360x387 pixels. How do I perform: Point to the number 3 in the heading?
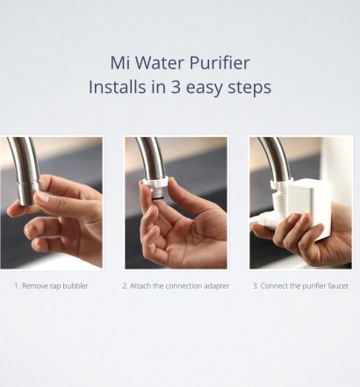coord(176,87)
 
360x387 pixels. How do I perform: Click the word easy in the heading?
coord(204,89)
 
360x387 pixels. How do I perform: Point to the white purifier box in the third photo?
coord(310,209)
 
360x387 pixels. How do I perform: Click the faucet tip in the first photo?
coord(29,194)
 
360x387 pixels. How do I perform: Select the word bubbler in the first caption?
coord(76,286)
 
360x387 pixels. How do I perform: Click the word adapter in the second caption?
coord(217,286)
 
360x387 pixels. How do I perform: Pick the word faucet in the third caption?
coord(338,286)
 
